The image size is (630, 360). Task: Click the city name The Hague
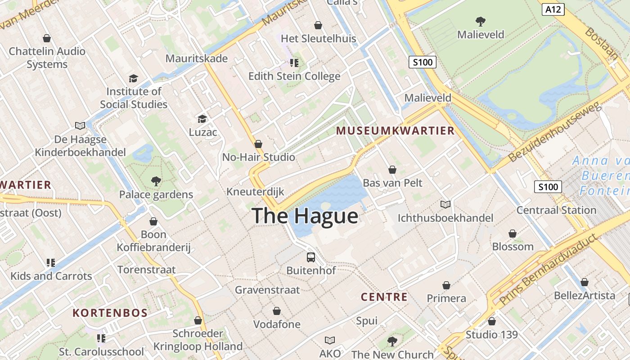click(305, 216)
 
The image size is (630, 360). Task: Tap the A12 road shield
click(553, 9)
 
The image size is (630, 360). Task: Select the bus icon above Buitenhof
click(311, 257)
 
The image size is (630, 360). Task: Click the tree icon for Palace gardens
click(156, 181)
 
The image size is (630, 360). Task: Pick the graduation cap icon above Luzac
click(202, 119)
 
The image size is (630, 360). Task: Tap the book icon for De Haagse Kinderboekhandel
click(80, 126)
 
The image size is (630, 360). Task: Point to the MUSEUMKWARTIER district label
click(396, 131)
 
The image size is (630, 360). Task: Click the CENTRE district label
click(384, 297)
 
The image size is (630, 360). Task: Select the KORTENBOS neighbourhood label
click(110, 313)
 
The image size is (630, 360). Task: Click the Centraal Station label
click(556, 210)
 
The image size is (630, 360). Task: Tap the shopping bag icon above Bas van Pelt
click(392, 170)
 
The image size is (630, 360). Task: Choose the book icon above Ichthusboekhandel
click(445, 205)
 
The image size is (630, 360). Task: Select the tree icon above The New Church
click(392, 342)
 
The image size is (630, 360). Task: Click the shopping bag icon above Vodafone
click(277, 311)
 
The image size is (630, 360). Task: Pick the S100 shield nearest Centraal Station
click(548, 187)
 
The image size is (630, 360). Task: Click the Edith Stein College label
click(294, 76)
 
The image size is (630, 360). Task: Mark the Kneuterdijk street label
click(255, 192)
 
